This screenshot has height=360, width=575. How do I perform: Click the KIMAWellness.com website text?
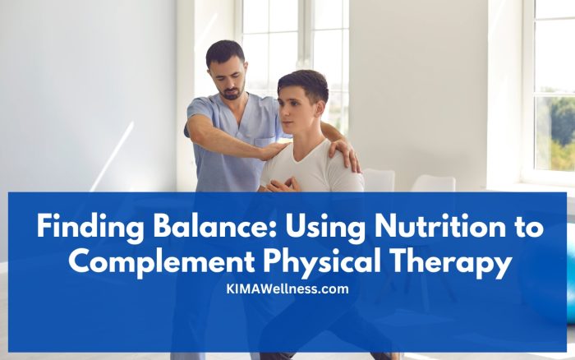coord(287,288)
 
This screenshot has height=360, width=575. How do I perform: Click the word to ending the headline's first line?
coord(525,226)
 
